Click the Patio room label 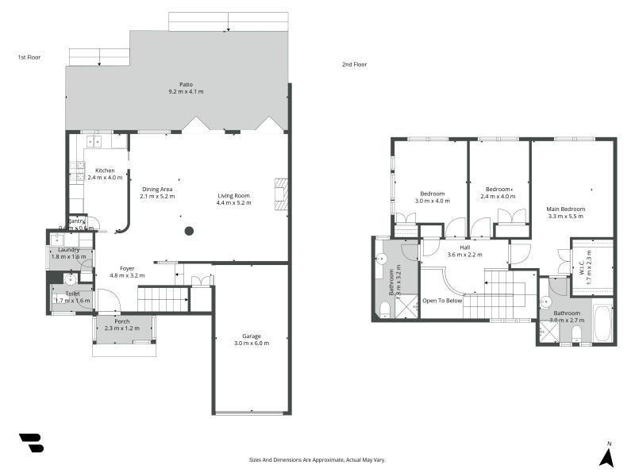pos(186,84)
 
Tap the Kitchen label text pos(105,171)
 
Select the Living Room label pos(233,195)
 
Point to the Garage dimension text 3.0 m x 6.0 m pos(252,344)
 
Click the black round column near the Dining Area pos(189,231)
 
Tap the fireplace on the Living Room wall pos(279,194)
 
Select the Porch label pos(121,321)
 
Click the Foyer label pos(127,268)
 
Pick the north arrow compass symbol pos(607,455)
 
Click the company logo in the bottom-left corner pos(31,443)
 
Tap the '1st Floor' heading pos(29,57)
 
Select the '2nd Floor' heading pos(354,64)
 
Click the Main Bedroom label pos(565,209)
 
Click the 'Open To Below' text pos(442,301)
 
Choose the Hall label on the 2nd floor pos(464,247)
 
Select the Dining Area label pos(157,189)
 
